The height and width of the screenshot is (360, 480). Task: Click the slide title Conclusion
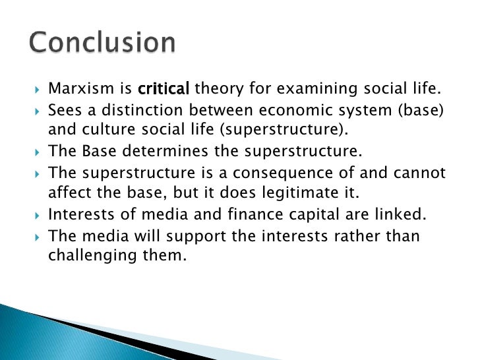click(x=102, y=44)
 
